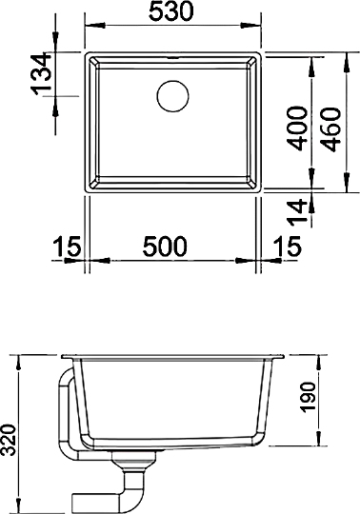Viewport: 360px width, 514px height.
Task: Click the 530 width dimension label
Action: point(172,12)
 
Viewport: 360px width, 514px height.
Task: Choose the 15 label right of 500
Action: point(283,247)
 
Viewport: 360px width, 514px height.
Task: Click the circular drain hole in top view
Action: point(173,95)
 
